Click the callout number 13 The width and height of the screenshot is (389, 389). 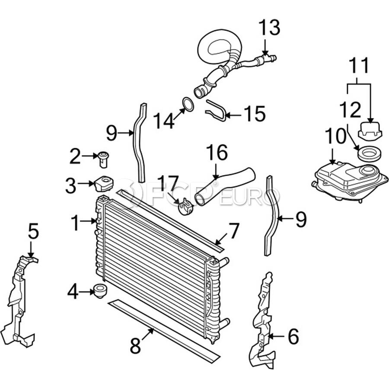click(269, 28)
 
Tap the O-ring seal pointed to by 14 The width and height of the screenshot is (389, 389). click(188, 100)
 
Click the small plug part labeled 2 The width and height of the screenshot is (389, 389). click(104, 159)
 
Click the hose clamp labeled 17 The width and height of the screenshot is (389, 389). click(185, 207)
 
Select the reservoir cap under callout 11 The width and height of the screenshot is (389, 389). click(370, 130)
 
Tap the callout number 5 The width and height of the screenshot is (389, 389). click(33, 231)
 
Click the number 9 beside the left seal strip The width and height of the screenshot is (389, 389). click(112, 133)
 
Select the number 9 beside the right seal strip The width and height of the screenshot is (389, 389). click(301, 219)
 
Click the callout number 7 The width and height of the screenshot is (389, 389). click(234, 231)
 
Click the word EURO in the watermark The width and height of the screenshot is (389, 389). click(250, 197)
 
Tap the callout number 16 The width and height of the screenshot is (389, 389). click(217, 153)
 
